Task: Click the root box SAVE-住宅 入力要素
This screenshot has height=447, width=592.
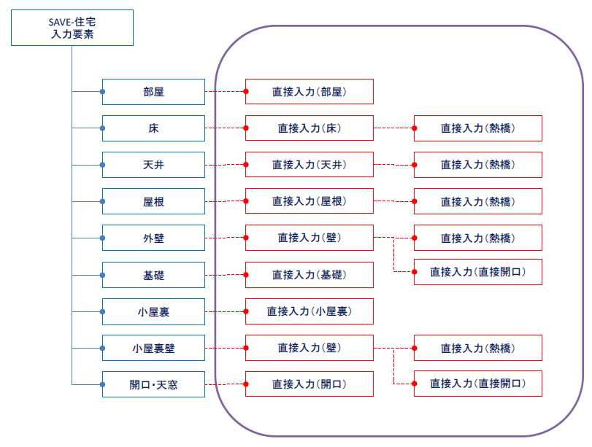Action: (72, 28)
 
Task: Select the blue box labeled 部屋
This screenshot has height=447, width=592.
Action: (154, 92)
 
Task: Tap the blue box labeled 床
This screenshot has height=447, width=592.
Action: (154, 128)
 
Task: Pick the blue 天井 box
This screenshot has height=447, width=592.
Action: (154, 165)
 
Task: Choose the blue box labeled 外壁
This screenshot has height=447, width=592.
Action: (154, 238)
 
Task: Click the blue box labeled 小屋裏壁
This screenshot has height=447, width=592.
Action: (154, 348)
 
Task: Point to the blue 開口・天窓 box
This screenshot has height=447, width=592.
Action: (154, 384)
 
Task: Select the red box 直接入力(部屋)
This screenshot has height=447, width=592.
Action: (310, 92)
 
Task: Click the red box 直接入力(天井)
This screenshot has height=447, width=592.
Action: (310, 165)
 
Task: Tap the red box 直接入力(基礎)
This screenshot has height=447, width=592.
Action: (310, 275)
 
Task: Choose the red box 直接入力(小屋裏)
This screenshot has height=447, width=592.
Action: (310, 311)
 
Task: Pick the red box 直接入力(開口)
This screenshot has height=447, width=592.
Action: (310, 384)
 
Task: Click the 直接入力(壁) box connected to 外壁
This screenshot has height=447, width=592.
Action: (310, 238)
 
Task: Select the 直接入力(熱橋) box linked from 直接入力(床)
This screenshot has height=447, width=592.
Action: (478, 128)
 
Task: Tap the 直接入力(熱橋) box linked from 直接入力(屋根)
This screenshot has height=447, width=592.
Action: (478, 201)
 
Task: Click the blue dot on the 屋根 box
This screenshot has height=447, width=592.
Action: (102, 201)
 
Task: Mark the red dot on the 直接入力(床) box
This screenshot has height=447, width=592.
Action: (246, 128)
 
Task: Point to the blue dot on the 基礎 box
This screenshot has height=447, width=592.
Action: (102, 275)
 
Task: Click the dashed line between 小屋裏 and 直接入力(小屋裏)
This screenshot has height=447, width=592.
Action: (226, 311)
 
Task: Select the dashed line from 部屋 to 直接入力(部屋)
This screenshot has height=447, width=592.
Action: (226, 92)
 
